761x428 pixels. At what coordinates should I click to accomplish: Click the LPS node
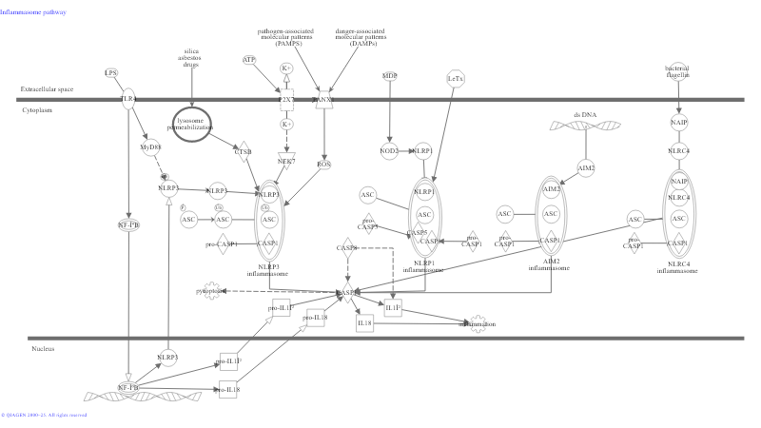[111, 72]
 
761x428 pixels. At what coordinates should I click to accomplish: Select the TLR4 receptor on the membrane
[128, 99]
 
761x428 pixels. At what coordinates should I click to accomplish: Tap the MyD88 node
[150, 147]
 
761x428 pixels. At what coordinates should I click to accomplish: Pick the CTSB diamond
[243, 151]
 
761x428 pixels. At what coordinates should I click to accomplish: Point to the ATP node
[249, 60]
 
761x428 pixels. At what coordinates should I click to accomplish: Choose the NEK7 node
[286, 161]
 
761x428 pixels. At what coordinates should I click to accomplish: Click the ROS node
[324, 164]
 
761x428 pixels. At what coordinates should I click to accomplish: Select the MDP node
[389, 75]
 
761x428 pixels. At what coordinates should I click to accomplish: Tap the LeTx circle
[455, 78]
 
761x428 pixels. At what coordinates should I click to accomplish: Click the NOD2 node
[389, 150]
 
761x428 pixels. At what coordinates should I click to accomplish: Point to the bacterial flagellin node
[677, 71]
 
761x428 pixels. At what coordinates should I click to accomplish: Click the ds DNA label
[584, 114]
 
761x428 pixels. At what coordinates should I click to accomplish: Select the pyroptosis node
[212, 291]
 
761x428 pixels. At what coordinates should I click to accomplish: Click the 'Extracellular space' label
[47, 89]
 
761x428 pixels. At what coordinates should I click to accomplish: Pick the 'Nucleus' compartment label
[43, 349]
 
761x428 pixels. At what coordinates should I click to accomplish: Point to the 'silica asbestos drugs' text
[191, 59]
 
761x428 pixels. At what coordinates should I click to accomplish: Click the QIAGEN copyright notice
[44, 416]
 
